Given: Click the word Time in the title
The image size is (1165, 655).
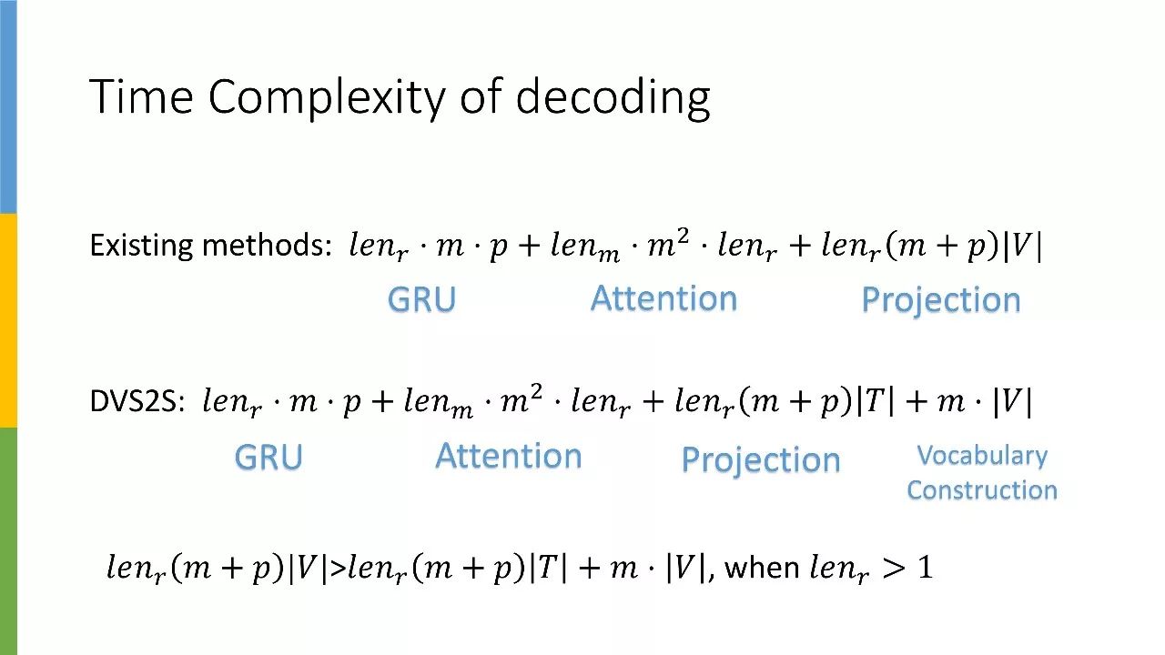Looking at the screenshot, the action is point(141,96).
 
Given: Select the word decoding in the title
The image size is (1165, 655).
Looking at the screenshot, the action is point(613,98).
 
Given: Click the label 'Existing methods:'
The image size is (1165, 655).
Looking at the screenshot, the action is point(210,246).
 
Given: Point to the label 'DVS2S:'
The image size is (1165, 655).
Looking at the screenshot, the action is point(137,402).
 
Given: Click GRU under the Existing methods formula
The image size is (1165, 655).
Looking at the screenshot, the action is point(421,300).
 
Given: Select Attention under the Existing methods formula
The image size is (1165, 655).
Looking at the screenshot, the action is point(664,298).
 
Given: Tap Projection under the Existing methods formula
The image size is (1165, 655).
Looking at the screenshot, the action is point(940,300).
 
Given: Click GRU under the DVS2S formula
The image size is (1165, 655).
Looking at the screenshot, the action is point(268,457).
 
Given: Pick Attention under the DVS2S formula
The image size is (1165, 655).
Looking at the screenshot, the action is point(509,456).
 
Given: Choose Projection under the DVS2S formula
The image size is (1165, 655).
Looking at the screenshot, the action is point(760,459).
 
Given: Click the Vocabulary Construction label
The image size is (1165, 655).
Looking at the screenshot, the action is point(982,472).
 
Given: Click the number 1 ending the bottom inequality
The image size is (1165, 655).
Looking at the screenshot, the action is point(924,569).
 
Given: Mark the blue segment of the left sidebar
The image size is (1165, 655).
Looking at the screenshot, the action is point(8,106).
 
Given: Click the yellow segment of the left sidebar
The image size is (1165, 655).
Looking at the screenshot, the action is point(8,320).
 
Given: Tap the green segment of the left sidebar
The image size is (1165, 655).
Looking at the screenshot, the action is point(8,540).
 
